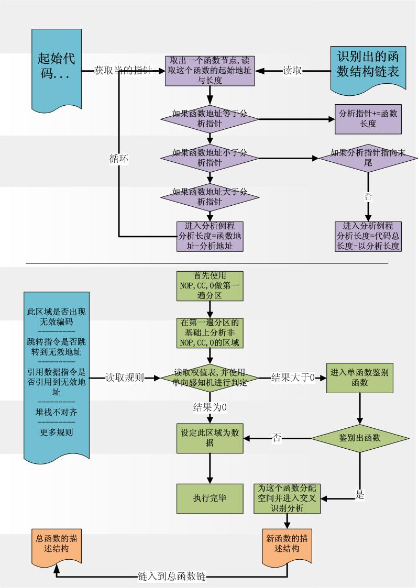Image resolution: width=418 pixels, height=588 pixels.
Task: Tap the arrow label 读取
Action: (x=292, y=71)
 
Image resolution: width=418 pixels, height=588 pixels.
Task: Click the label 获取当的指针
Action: (x=123, y=70)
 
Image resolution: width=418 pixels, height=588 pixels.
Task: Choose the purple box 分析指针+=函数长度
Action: (x=368, y=118)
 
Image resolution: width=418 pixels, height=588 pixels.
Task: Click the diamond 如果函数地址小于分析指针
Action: (x=210, y=158)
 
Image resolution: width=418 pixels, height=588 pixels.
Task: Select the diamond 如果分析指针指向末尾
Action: (x=368, y=158)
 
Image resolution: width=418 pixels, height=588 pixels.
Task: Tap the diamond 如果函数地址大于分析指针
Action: (x=210, y=196)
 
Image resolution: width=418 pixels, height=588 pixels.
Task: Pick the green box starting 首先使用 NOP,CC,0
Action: (x=210, y=286)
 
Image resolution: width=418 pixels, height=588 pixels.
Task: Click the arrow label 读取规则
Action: (x=125, y=378)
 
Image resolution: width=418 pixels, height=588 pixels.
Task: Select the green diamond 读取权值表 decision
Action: (x=210, y=378)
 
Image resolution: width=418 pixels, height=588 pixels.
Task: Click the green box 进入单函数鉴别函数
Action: (x=359, y=378)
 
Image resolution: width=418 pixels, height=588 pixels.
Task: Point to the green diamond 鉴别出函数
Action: (x=359, y=438)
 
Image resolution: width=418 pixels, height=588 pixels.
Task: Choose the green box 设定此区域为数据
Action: (x=210, y=438)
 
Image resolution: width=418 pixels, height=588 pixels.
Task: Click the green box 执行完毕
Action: (x=210, y=498)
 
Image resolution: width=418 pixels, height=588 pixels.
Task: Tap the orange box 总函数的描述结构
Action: (x=56, y=545)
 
